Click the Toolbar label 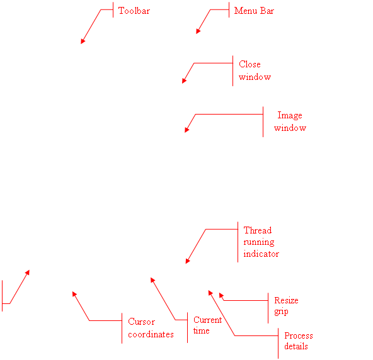[134, 11]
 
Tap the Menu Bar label [254, 11]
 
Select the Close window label [255, 70]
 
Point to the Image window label [290, 121]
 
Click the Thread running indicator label [261, 242]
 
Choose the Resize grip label [286, 306]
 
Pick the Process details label [299, 341]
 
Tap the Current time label [207, 325]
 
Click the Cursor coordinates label [151, 328]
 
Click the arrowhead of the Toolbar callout [83, 42]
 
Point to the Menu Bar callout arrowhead [198, 31]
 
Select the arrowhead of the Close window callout [184, 81]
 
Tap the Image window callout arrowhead [186, 130]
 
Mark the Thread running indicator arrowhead [188, 261]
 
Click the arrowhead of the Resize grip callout [221, 295]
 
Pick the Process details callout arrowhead [210, 293]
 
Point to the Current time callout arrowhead [152, 280]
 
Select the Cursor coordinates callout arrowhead [74, 294]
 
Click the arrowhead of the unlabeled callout [27, 273]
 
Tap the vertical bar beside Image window [263, 122]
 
